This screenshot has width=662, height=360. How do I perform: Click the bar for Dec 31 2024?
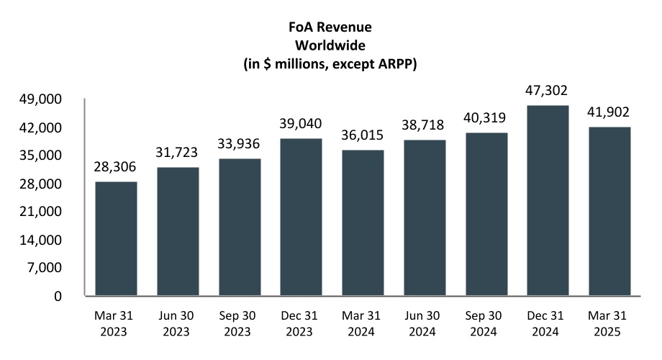click(x=548, y=201)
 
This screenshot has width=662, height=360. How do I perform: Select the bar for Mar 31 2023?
click(x=116, y=239)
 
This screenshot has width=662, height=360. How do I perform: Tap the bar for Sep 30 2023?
click(x=240, y=228)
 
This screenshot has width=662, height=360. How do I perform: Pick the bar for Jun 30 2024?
click(x=425, y=218)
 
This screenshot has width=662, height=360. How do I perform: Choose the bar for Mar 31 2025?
click(x=609, y=212)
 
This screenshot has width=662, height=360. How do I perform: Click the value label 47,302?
click(x=548, y=91)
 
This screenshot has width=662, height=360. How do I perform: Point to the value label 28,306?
click(x=116, y=167)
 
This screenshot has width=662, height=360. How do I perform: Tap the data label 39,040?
click(x=301, y=123)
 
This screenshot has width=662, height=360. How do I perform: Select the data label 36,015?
click(x=363, y=135)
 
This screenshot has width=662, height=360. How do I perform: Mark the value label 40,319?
click(x=486, y=118)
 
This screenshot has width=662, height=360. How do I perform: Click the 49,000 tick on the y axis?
click(x=47, y=99)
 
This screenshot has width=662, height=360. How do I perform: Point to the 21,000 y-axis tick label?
click(x=47, y=212)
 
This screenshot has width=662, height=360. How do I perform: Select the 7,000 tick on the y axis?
click(x=50, y=268)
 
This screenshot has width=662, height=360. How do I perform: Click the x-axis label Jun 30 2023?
click(x=178, y=325)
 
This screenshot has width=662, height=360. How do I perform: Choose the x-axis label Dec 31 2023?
click(x=301, y=325)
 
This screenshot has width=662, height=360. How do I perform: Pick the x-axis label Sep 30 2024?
click(x=486, y=325)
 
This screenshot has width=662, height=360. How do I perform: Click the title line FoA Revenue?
click(x=331, y=28)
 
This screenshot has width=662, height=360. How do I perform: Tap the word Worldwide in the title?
click(x=331, y=45)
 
